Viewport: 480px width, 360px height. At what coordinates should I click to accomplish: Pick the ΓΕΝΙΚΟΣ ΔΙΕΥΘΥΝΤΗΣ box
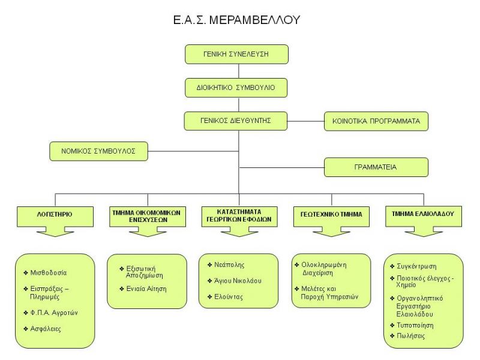[x=236, y=120]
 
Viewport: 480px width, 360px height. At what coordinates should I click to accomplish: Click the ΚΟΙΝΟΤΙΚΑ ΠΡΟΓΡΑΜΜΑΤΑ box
[x=376, y=121]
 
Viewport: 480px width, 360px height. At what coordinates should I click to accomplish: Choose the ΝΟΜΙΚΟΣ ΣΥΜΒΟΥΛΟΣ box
[x=97, y=151]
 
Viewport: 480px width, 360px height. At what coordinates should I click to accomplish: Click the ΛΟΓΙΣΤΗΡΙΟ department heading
[x=55, y=212]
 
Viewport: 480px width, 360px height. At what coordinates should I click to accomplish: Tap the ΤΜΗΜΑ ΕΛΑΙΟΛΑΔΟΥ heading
[x=423, y=212]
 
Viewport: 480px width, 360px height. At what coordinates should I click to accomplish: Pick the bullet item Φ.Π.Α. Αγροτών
[x=55, y=312]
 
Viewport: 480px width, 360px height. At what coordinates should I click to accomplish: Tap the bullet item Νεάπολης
[x=230, y=264]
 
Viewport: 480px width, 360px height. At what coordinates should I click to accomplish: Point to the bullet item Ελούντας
[x=230, y=296]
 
